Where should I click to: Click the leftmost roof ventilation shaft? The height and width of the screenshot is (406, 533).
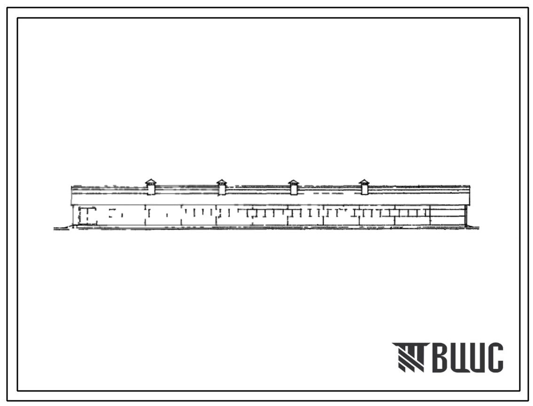[x=150, y=187]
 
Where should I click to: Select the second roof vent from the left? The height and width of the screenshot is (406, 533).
[x=222, y=187]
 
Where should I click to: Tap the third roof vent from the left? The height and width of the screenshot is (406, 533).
[x=294, y=187]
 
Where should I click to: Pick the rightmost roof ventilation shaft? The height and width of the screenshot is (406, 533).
[x=364, y=187]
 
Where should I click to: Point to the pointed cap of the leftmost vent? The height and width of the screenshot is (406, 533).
[x=150, y=182]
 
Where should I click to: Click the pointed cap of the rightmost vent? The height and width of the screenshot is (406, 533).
[x=364, y=182]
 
